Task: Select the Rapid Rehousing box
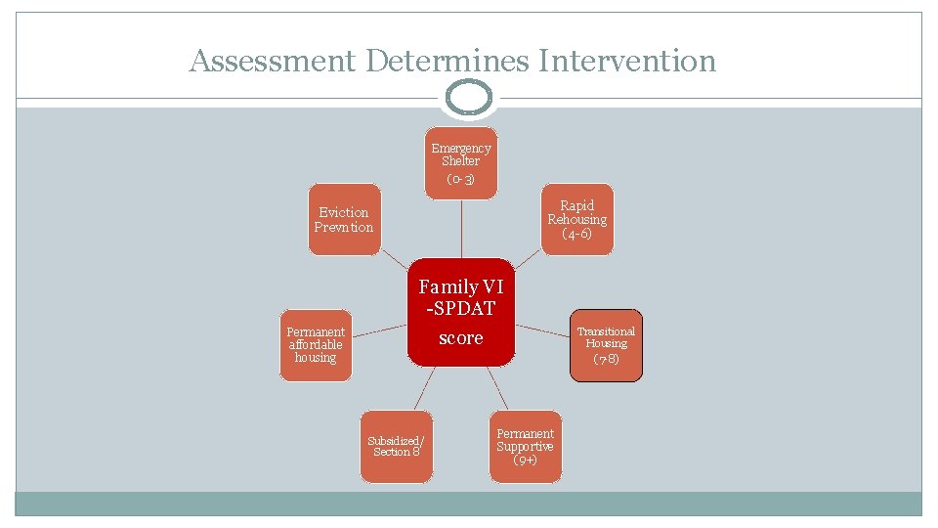click(577, 219)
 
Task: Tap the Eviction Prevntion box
click(344, 219)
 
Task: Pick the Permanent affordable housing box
click(316, 344)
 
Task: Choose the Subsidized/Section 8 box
click(396, 446)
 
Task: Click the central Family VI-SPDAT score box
click(461, 312)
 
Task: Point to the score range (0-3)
click(460, 180)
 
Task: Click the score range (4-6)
click(577, 235)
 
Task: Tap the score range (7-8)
click(606, 359)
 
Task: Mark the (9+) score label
click(525, 460)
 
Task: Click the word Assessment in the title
click(273, 61)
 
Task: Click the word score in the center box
click(461, 338)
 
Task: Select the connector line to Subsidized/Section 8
click(421, 388)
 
